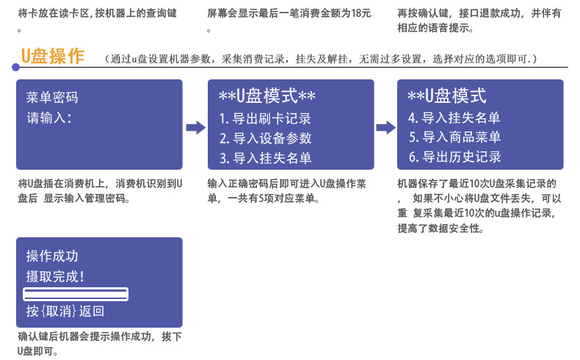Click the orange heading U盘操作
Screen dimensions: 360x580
pos(53,57)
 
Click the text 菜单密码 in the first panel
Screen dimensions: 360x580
pos(51,98)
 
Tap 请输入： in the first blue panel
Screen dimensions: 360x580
pos(48,118)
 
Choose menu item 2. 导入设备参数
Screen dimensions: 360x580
pos(265,138)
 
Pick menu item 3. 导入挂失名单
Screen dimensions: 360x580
pos(265,158)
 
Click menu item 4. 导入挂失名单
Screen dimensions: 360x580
pos(454,118)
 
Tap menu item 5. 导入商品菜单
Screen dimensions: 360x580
pos(454,137)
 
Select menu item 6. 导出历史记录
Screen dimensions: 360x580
pos(454,156)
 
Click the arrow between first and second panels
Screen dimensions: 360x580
pos(195,128)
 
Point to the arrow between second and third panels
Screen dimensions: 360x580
pos(385,128)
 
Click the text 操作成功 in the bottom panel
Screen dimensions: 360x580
pos(51,256)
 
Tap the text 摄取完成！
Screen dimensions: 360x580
pos(55,276)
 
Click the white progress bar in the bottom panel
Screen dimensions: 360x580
pos(76,295)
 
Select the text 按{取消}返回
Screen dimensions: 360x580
pos(65,312)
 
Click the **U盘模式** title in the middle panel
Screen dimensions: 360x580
pos(267,96)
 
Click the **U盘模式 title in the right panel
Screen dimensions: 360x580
pos(446,96)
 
